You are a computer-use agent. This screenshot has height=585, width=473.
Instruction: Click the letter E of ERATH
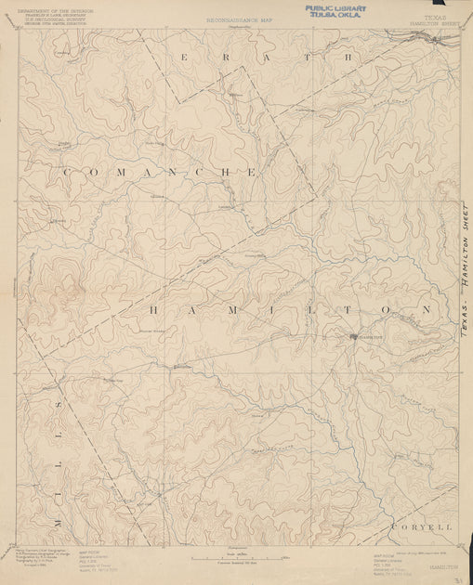(185, 58)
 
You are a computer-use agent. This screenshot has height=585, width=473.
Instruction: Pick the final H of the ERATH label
(350, 58)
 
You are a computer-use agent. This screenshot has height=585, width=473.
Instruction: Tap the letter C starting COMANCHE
(66, 173)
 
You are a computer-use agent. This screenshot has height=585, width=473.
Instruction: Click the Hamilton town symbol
(353, 335)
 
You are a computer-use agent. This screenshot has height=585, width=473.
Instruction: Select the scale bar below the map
(236, 558)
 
